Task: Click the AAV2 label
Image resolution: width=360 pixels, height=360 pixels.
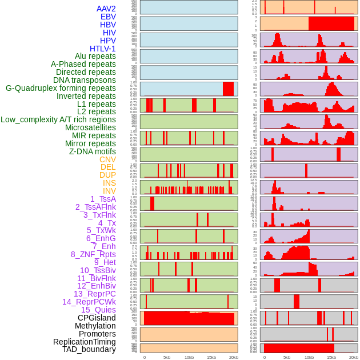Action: [x=106, y=9]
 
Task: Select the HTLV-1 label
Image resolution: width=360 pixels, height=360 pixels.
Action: [x=102, y=49]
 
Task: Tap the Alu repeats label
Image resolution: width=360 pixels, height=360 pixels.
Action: [x=95, y=56]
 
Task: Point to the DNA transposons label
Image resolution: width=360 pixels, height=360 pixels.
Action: [x=85, y=80]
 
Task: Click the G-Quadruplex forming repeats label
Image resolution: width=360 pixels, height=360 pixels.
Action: [x=61, y=88]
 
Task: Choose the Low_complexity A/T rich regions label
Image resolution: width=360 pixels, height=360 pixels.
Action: [x=58, y=119]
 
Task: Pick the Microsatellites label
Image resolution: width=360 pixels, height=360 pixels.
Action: [x=90, y=127]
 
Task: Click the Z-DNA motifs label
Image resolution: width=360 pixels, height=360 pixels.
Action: [x=92, y=151]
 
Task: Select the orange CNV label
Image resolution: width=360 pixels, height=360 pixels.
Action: [x=107, y=159]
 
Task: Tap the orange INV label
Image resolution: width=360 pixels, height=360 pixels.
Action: [x=109, y=191]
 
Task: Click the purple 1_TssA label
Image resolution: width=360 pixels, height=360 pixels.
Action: [x=103, y=199]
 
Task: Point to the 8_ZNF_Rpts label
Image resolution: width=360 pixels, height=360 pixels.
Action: [x=93, y=254]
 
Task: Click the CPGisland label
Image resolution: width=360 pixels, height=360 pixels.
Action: [x=97, y=318]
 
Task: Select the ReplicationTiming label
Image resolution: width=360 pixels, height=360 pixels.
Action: [x=84, y=342]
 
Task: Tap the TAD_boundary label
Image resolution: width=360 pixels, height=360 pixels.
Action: [x=89, y=349]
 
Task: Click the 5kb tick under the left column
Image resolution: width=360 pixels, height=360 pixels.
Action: [x=167, y=357]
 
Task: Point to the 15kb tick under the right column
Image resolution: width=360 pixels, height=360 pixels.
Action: [x=331, y=357]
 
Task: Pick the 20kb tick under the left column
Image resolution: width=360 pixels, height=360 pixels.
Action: [x=233, y=357]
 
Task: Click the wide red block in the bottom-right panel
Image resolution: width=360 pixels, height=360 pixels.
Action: [x=299, y=348]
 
